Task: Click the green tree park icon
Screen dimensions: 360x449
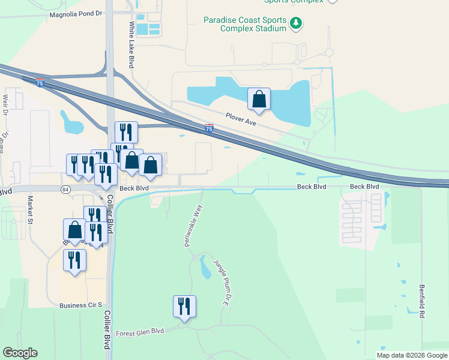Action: click(x=295, y=23)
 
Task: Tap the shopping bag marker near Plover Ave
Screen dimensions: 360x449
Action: click(x=259, y=100)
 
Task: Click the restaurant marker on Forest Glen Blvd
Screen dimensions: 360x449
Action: click(x=184, y=307)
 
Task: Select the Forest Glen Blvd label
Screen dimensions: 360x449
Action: click(x=139, y=332)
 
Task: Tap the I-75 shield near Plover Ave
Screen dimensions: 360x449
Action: click(x=208, y=127)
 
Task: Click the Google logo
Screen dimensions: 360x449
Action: click(x=20, y=353)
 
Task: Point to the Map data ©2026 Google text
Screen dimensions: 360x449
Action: click(x=412, y=355)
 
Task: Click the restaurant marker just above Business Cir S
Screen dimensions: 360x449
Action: click(x=74, y=260)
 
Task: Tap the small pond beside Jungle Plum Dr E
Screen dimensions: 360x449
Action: click(x=206, y=268)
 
